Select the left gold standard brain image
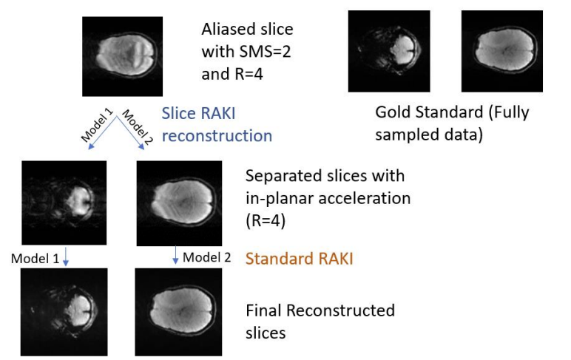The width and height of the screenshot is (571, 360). tap(389, 51)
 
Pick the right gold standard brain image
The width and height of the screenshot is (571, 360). tap(501, 51)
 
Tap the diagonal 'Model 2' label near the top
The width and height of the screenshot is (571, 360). tap(137, 123)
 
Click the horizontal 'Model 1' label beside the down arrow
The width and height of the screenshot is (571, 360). tap(36, 257)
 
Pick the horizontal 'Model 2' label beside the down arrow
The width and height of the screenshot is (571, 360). tap(207, 257)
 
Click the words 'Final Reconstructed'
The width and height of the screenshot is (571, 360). tap(320, 310)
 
